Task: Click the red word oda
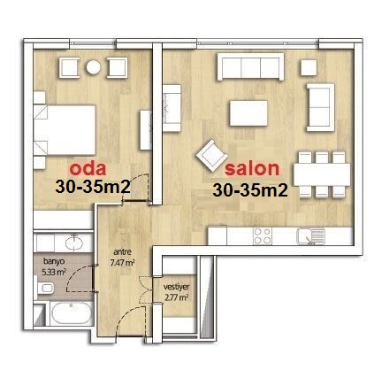88,168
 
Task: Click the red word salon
252,168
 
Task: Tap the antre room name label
122,252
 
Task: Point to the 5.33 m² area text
54,272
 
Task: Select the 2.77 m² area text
176,297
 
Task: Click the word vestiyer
176,287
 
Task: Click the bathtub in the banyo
71,313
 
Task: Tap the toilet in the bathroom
46,288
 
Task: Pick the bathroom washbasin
74,243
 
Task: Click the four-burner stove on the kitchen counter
263,236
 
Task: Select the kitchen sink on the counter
311,236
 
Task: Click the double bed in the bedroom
65,130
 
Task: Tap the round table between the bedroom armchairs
94,67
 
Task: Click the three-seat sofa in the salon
250,66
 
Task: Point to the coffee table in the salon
248,113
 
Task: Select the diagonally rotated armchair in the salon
211,156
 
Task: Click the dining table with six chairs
322,174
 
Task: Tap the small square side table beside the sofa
309,67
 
